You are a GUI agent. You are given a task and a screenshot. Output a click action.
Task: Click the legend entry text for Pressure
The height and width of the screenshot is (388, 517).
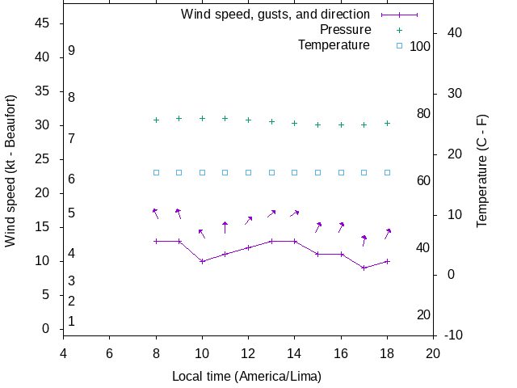click(345, 30)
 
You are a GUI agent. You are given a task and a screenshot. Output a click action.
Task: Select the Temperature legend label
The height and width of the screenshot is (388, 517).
click(334, 45)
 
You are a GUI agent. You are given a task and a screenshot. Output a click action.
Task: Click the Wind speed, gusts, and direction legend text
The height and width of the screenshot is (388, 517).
click(275, 15)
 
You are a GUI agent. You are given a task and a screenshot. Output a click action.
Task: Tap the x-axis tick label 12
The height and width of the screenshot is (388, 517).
click(248, 353)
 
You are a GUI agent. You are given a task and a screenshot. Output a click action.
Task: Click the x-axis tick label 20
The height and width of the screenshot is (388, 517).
click(433, 353)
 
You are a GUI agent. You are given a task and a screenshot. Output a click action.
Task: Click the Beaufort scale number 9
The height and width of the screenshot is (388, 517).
click(72, 51)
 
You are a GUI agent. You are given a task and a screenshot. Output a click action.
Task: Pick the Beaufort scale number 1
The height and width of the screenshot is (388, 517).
click(72, 322)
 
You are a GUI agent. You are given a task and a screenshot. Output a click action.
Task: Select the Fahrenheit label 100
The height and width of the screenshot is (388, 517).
click(420, 47)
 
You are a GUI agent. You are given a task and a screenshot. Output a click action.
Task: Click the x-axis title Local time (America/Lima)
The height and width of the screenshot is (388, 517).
click(246, 377)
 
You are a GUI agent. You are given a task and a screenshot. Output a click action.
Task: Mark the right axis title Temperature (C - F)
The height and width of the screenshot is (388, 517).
click(482, 171)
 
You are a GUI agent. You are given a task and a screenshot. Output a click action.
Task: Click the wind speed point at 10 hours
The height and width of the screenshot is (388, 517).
click(202, 261)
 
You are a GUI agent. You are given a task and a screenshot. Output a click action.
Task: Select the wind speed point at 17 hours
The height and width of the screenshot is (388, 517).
click(364, 268)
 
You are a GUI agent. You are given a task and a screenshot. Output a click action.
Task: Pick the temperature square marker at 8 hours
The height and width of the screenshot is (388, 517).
click(156, 172)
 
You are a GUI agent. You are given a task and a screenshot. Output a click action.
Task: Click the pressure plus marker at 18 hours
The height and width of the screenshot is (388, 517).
click(388, 123)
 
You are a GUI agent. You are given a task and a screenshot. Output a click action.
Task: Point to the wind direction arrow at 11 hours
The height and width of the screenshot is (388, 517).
click(225, 228)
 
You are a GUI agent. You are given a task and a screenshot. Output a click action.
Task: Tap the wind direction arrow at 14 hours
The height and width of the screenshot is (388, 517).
click(295, 213)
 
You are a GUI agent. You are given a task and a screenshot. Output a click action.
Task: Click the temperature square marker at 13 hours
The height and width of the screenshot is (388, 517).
click(271, 172)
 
